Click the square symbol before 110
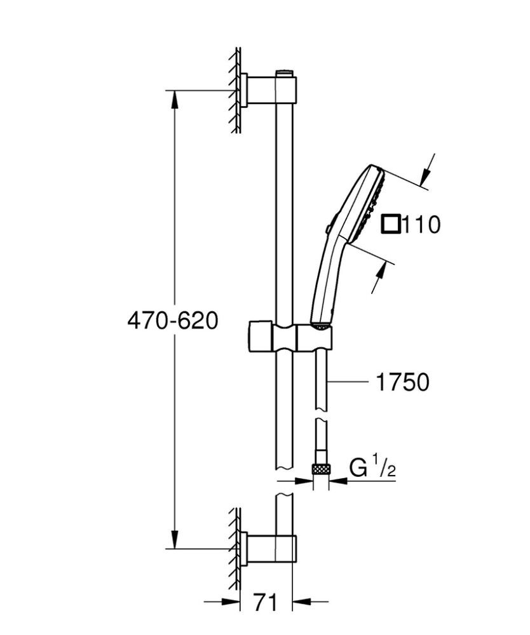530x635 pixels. coord(391,224)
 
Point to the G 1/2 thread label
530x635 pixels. coord(373,469)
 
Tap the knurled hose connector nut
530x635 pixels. coord(321,469)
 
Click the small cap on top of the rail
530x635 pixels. coord(286,72)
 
